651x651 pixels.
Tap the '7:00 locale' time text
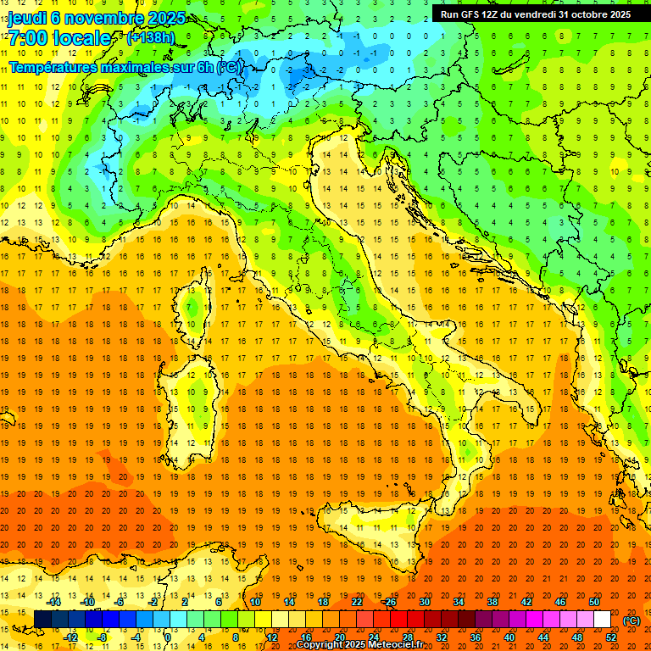point(59,39)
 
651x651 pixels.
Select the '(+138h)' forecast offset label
point(151,38)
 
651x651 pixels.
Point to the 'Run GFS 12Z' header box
point(535,14)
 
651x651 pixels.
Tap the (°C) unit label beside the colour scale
point(632,620)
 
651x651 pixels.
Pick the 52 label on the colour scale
point(611,637)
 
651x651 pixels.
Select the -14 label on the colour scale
point(54,602)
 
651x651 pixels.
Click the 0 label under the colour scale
point(169,637)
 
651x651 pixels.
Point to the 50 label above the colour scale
point(594,602)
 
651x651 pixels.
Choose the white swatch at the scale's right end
point(602,620)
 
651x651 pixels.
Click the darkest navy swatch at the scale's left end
point(42,620)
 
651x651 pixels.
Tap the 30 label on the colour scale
point(424,602)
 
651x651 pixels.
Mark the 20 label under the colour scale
point(339,637)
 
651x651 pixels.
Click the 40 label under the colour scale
point(509,637)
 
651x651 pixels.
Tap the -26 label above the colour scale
point(390,602)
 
